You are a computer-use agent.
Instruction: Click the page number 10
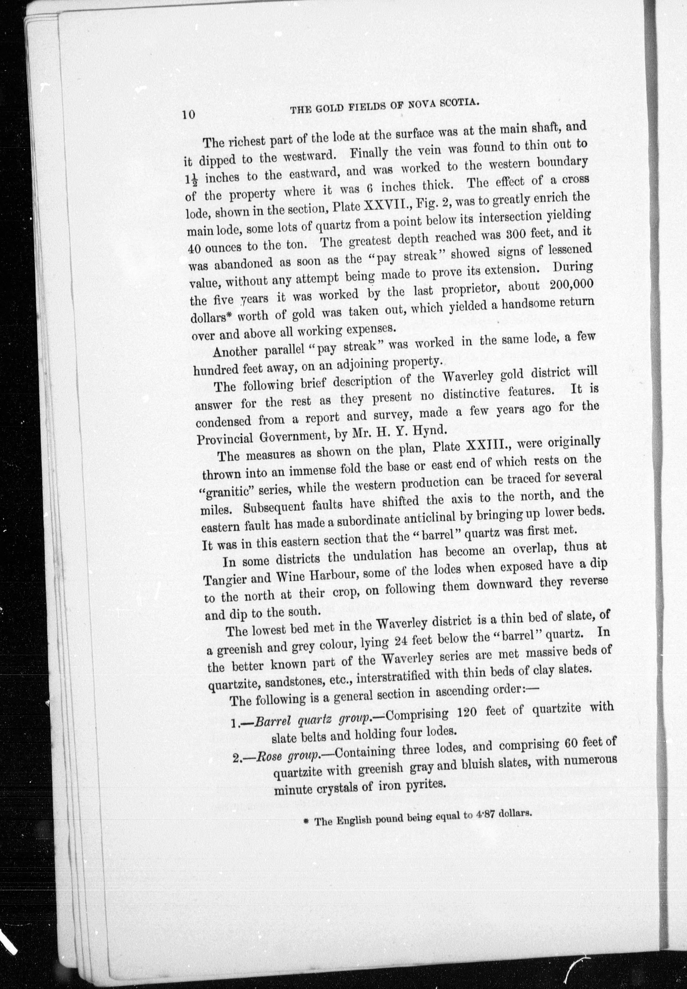188,115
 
